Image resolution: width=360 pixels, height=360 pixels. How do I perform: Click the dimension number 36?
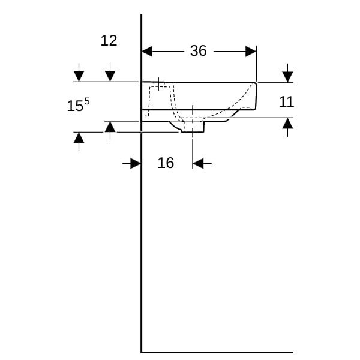click(199, 51)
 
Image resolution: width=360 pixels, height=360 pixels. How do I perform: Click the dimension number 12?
click(109, 41)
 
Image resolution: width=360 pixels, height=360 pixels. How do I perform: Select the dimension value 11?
click(287, 101)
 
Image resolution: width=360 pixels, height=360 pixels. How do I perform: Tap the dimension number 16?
click(166, 163)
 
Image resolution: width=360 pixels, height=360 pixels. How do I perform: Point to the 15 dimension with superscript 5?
click(78, 104)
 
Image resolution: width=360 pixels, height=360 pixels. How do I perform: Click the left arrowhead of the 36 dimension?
click(147, 51)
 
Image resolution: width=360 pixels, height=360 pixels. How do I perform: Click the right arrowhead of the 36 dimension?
click(251, 51)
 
